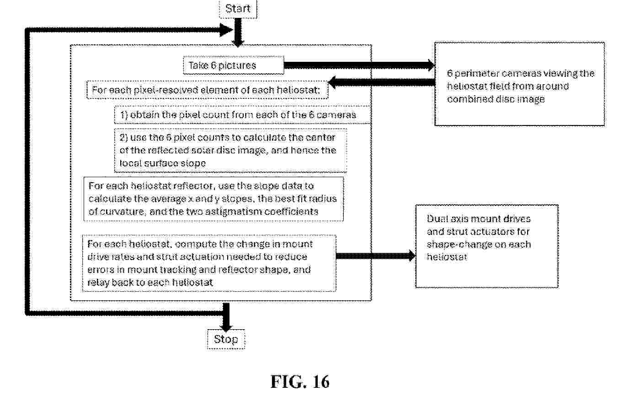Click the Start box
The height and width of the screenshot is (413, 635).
pyautogui.click(x=238, y=9)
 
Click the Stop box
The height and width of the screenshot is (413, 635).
pyautogui.click(x=226, y=339)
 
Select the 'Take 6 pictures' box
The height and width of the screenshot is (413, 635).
pyautogui.click(x=233, y=65)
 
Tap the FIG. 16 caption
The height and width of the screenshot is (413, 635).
pyautogui.click(x=300, y=381)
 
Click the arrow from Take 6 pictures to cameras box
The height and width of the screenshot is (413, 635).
pyautogui.click(x=359, y=65)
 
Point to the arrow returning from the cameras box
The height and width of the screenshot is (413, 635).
pyautogui.click(x=382, y=82)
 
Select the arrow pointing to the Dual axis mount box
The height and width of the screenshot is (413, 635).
pyautogui.click(x=375, y=256)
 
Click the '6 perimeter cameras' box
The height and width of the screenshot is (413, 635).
pyautogui.click(x=519, y=84)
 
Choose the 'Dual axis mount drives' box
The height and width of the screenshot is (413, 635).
pyautogui.click(x=486, y=246)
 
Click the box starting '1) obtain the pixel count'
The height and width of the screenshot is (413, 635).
pyautogui.click(x=242, y=114)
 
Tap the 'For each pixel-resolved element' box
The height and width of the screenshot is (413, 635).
pyautogui.click(x=207, y=90)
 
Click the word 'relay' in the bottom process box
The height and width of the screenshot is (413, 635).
pyautogui.click(x=98, y=283)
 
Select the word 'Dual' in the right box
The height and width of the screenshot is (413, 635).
pyautogui.click(x=437, y=219)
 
